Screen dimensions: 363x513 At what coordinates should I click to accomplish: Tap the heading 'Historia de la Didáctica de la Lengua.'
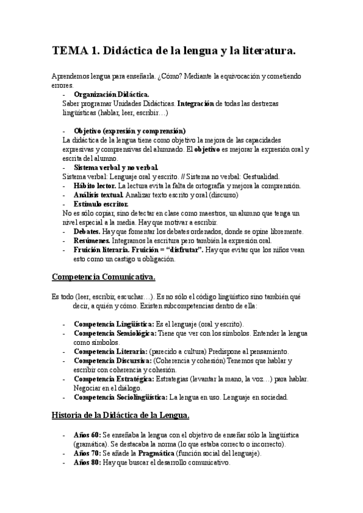pos(121,415)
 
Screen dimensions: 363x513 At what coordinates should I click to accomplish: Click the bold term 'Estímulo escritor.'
pos(101,204)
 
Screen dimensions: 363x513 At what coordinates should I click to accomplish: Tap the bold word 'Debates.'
pos(87,232)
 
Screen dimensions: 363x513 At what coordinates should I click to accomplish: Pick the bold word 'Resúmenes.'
pos(92,241)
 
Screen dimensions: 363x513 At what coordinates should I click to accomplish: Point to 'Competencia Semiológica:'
pos(115,333)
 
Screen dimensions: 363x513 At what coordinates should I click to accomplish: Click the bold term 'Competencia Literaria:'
pos(110,351)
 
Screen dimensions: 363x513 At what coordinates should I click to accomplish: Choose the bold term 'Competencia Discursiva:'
pos(113,361)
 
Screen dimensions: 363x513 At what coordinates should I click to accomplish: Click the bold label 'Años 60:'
pos(87,436)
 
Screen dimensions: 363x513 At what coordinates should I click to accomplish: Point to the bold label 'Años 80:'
pos(87,462)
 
